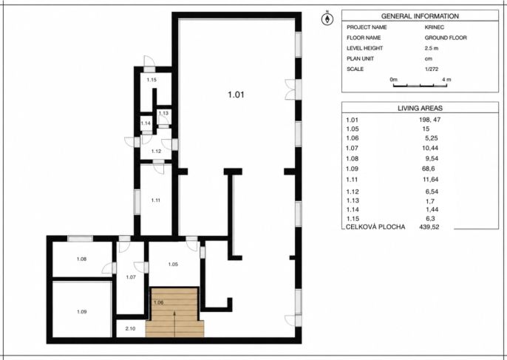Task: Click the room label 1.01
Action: click(x=236, y=95)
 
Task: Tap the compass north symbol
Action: click(x=327, y=18)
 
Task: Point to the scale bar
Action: click(x=420, y=86)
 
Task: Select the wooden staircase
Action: click(x=174, y=313)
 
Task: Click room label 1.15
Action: click(x=152, y=80)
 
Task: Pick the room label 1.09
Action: click(x=82, y=312)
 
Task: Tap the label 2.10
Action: click(x=130, y=329)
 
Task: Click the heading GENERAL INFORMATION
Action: click(x=420, y=16)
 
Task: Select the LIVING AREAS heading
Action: click(x=420, y=109)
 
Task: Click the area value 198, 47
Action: click(x=429, y=120)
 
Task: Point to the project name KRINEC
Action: click(x=435, y=27)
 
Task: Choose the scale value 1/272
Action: click(x=432, y=69)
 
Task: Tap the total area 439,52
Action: click(x=429, y=227)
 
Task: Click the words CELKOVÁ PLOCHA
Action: click(x=375, y=227)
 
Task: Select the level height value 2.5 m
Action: click(x=432, y=48)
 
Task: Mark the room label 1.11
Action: click(x=155, y=200)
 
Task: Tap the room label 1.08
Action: click(x=81, y=259)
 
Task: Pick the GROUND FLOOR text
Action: click(x=446, y=38)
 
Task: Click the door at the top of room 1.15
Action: click(x=149, y=64)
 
